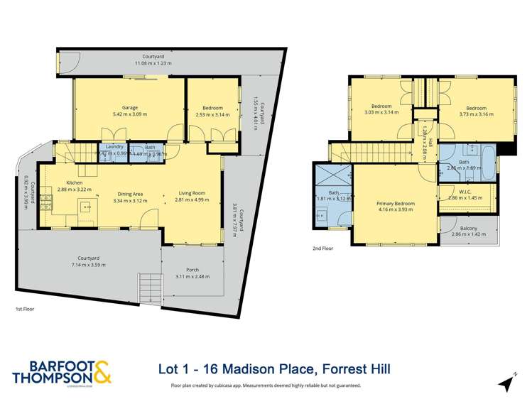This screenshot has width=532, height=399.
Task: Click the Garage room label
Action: click(129, 107)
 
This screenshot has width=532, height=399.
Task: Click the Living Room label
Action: click(190, 193)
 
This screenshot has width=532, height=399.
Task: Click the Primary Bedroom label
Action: click(396, 203)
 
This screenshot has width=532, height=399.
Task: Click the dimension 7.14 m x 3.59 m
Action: click(87, 265)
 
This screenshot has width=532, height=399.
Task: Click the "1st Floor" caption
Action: click(25, 310)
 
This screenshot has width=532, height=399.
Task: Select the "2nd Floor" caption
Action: click(322, 248)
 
